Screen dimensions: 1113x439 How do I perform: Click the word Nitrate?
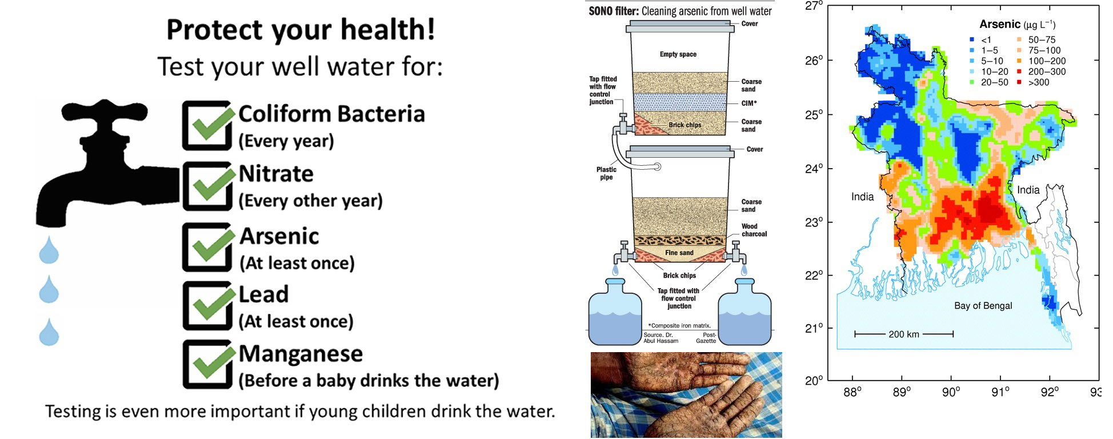pos(276,174)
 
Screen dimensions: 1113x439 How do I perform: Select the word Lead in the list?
pos(263,294)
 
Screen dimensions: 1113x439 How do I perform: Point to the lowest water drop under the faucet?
pos(49,332)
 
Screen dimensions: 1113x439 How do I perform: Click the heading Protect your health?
pos(301,30)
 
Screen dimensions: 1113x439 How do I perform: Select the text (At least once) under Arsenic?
pos(297,263)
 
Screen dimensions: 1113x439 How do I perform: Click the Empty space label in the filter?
pos(678,54)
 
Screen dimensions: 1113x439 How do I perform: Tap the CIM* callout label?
pos(749,103)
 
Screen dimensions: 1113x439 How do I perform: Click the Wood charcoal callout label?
pos(754,230)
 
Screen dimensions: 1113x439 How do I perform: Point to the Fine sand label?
pos(679,253)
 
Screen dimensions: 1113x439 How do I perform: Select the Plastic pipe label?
pos(606,173)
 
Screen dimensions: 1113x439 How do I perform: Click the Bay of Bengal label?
pos(983,306)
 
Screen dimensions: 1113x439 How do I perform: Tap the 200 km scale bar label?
pos(904,334)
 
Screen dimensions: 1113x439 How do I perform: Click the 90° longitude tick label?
pos(951,392)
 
